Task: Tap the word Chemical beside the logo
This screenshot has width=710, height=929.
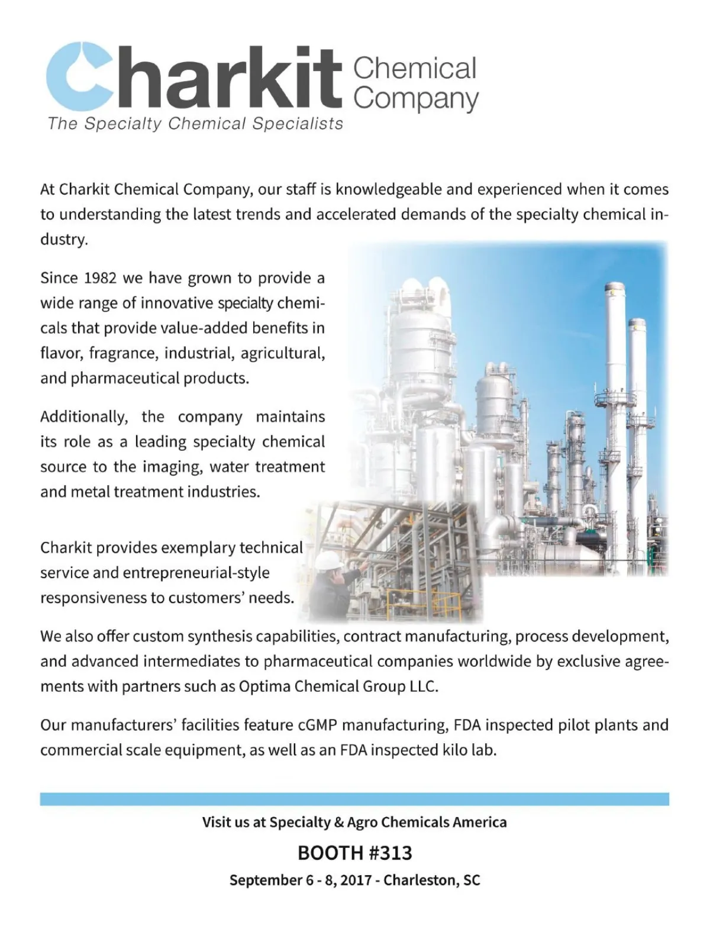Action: pos(415,69)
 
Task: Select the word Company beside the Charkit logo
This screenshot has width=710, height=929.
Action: pos(416,99)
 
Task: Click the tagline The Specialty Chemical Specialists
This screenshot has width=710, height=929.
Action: pos(195,124)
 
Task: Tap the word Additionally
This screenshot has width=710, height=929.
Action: pos(83,417)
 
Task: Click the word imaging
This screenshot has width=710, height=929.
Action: pos(172,467)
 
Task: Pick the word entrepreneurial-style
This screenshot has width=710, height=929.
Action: pos(196,573)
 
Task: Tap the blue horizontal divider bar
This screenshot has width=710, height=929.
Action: pos(354,799)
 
